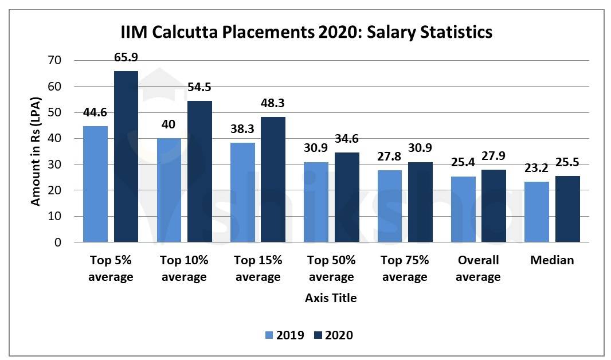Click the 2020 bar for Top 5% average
(x=126, y=156)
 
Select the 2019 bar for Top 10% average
(x=169, y=190)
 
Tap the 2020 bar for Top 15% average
(x=273, y=179)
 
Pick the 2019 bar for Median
(x=536, y=212)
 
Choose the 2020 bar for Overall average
(x=493, y=206)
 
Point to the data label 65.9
(x=126, y=57)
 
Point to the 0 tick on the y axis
(x=57, y=242)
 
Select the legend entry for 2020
(x=332, y=335)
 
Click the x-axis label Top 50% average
(x=331, y=268)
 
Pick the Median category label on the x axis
(x=551, y=260)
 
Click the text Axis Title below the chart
(x=331, y=298)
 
